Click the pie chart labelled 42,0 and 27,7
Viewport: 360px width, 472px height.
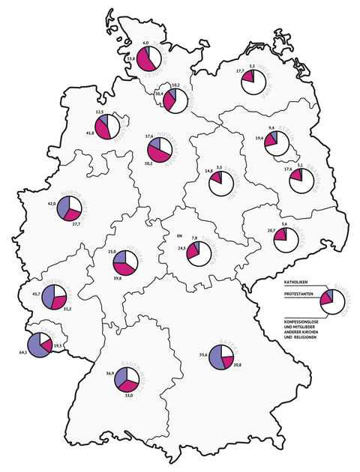pos(69,208)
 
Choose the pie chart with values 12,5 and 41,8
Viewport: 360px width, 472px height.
pos(108,127)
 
